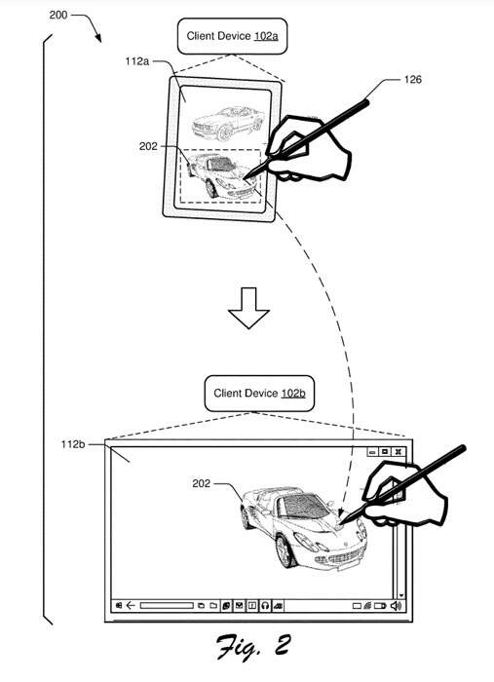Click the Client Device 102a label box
(232, 36)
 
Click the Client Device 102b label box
(259, 394)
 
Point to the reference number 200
(58, 16)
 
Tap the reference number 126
(413, 79)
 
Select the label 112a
(137, 61)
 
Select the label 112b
(73, 444)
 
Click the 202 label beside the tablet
(148, 146)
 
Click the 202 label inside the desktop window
(202, 483)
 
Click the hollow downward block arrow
(248, 308)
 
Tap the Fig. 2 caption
(253, 647)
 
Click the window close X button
(398, 452)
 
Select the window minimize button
(372, 452)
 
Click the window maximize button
(385, 452)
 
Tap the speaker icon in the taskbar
(396, 605)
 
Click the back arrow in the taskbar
(131, 605)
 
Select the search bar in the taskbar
(167, 605)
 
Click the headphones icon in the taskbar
(265, 605)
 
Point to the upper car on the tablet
(228, 123)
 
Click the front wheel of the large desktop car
(285, 551)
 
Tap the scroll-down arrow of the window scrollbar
(400, 595)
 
